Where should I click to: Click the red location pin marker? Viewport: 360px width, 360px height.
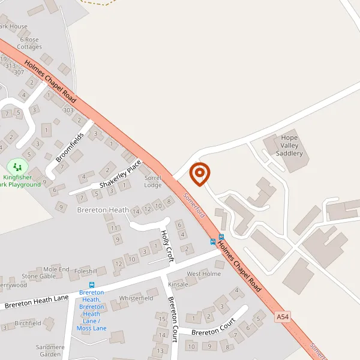pos(200,174)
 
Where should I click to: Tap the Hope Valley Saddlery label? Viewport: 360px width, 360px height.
pos(289,146)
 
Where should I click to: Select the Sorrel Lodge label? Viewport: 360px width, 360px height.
pos(153,181)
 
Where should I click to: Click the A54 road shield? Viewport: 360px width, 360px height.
pos(283,316)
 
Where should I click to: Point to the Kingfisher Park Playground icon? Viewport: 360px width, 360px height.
pos(17,166)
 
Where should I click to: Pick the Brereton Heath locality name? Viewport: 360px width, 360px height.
pos(103,210)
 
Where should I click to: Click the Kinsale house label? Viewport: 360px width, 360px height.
pos(178,284)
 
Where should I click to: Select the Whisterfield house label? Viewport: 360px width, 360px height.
pos(136,298)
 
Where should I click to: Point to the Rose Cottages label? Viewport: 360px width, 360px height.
pos(29,43)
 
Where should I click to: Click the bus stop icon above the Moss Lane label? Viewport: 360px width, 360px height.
pos(92,285)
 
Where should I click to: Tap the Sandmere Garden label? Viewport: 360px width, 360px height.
pos(50,351)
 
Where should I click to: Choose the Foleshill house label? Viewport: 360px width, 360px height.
pos(86,271)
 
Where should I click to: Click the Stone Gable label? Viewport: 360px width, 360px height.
pos(39,276)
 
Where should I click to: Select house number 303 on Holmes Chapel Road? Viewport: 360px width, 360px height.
pos(68,110)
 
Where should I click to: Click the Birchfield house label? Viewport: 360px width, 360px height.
pos(28,323)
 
